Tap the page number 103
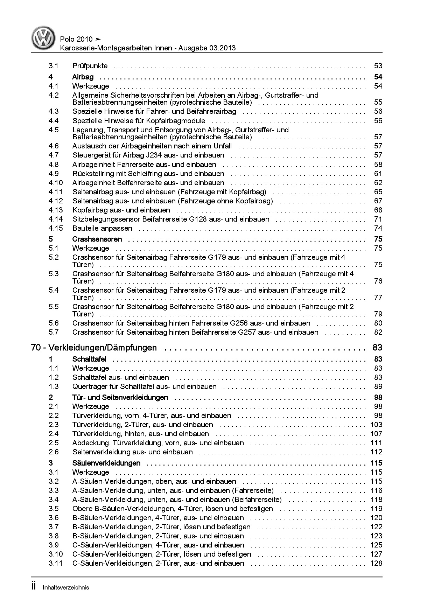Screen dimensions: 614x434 click(x=376, y=425)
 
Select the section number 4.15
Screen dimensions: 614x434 click(x=56, y=228)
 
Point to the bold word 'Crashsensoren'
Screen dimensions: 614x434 click(x=97, y=239)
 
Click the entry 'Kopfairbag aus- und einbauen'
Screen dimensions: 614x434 click(x=121, y=210)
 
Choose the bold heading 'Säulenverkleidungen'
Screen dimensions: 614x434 click(x=106, y=463)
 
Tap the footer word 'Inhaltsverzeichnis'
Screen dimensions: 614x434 click(x=66, y=587)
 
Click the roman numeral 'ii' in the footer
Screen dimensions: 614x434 click(x=34, y=587)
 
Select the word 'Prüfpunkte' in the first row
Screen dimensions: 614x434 click(x=90, y=66)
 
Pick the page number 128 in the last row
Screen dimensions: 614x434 click(x=376, y=563)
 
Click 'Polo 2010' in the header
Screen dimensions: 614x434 click(x=76, y=40)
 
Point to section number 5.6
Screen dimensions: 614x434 click(x=54, y=323)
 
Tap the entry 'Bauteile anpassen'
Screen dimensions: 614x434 click(x=102, y=228)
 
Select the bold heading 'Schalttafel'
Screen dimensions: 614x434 click(x=89, y=359)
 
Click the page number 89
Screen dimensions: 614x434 click(x=378, y=386)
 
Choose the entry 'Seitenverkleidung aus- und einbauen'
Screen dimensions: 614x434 click(x=132, y=452)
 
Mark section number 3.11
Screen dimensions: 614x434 click(x=56, y=563)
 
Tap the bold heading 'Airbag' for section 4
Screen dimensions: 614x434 click(x=83, y=77)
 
